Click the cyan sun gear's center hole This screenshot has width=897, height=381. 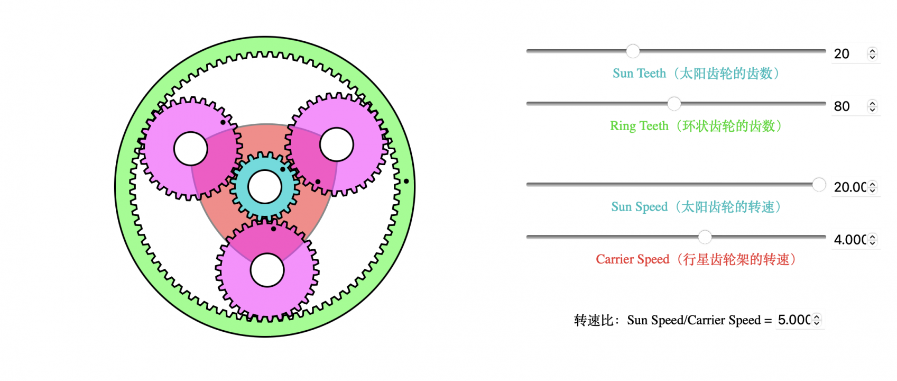[x=265, y=187]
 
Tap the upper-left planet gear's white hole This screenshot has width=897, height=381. [x=191, y=149]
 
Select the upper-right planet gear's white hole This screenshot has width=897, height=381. [x=337, y=144]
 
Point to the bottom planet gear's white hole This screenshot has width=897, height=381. [x=267, y=270]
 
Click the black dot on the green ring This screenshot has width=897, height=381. [x=406, y=181]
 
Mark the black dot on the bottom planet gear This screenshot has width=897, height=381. [x=273, y=229]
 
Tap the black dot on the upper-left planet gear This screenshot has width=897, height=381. [x=223, y=122]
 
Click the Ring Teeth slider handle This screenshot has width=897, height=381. [x=674, y=104]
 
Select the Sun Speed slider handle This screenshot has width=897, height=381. [x=819, y=184]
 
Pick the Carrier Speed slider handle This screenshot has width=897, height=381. [x=705, y=237]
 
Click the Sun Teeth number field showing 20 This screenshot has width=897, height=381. [x=848, y=54]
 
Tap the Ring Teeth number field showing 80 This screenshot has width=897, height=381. [x=848, y=106]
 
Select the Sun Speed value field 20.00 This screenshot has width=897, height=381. [x=849, y=187]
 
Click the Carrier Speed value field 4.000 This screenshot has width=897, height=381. [x=849, y=240]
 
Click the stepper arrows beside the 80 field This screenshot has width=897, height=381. [x=872, y=106]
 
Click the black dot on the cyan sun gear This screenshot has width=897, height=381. [x=283, y=169]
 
